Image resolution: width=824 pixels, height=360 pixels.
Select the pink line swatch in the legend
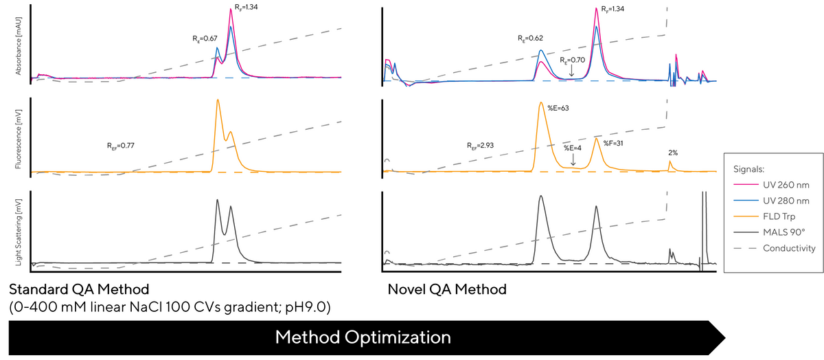745,184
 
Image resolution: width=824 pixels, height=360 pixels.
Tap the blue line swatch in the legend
745,200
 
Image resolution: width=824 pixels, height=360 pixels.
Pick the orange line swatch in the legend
745,216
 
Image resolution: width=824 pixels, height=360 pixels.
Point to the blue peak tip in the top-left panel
218,47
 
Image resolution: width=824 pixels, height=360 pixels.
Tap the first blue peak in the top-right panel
542,51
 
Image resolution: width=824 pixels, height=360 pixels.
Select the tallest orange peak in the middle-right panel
541,103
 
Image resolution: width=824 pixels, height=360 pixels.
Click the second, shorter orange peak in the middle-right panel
597,139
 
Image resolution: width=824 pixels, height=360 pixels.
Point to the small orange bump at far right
671,161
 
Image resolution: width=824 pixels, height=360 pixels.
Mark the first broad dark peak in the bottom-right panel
541,196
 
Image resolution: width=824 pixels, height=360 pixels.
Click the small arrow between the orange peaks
572,160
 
